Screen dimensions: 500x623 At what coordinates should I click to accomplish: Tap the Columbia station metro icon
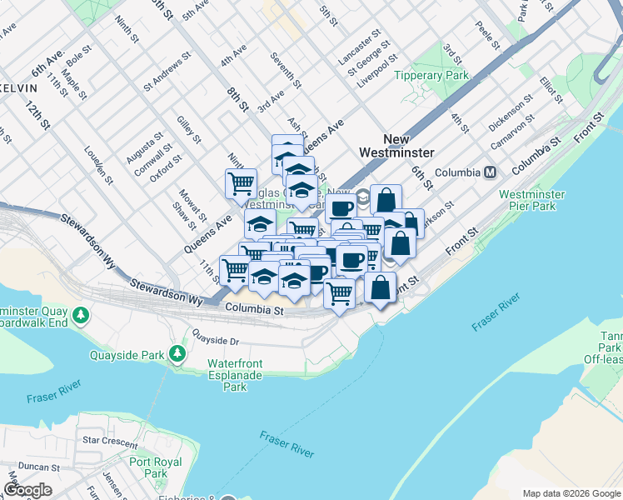[x=490, y=172]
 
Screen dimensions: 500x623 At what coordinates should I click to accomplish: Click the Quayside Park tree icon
[x=177, y=354]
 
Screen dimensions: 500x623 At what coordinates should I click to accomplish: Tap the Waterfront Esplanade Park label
[x=235, y=375]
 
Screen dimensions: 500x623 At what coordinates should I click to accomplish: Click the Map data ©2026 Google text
[x=571, y=493]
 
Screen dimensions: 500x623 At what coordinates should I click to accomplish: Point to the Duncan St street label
[x=36, y=467]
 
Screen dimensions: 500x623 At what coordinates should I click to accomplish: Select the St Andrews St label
[x=167, y=72]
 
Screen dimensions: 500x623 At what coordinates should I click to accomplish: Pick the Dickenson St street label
[x=511, y=112]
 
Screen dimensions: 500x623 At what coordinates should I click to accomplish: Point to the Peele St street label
[x=486, y=33]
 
